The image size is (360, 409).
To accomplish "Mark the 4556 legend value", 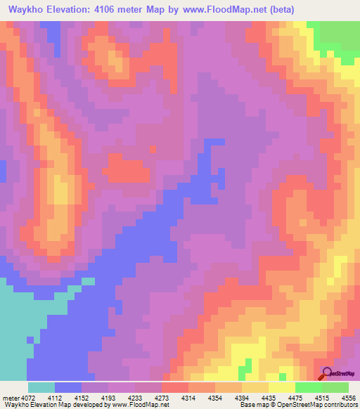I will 349,397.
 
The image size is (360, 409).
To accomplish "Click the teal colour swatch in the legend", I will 41,387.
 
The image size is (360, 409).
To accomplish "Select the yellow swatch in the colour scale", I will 282,387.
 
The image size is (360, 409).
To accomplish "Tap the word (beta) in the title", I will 280,9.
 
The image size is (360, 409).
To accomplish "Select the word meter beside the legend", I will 10,397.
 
